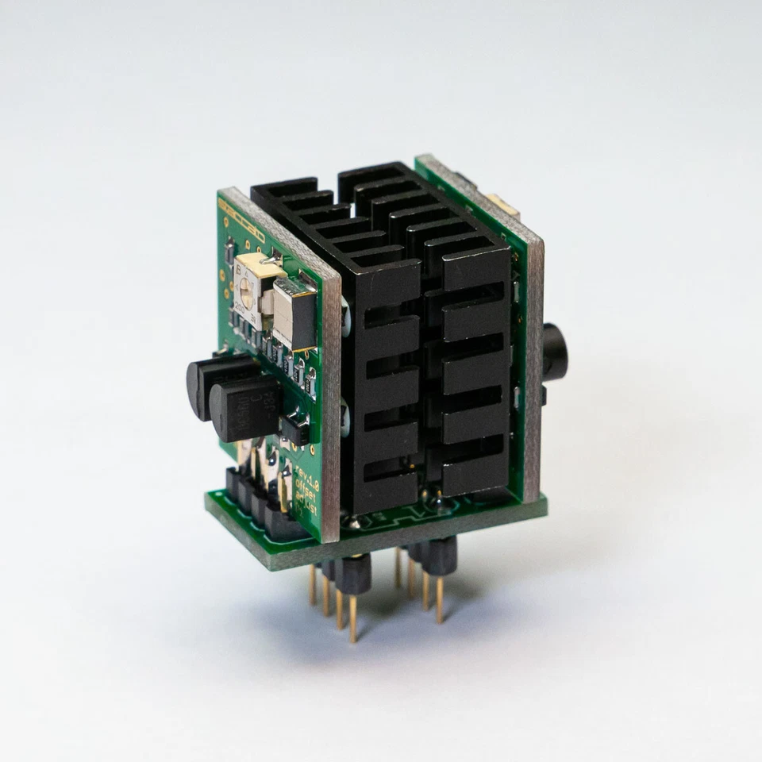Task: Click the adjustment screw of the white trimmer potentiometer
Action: (247, 298)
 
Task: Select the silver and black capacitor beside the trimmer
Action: (293, 314)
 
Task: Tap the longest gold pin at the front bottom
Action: (352, 618)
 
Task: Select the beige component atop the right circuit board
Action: (502, 206)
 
